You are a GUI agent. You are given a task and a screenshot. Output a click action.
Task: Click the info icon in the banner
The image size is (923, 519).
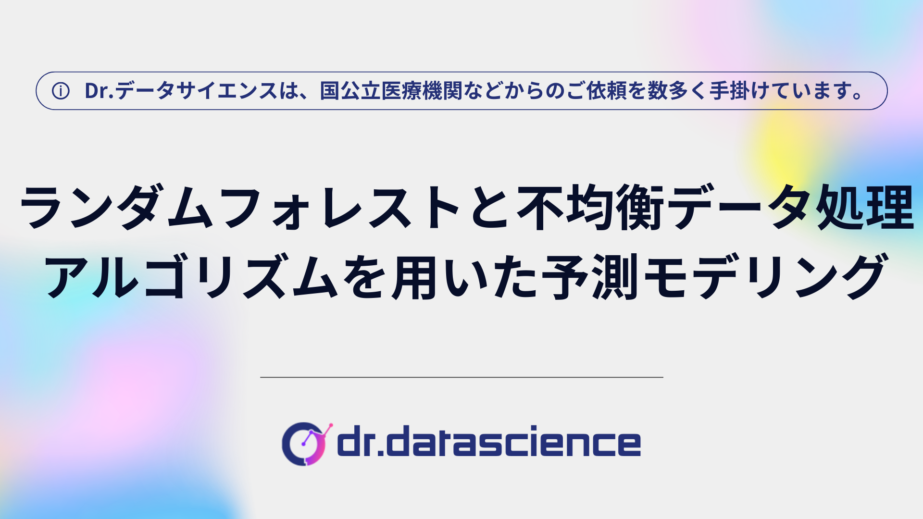(61, 91)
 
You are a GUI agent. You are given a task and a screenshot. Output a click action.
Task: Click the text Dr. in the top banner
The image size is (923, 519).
(99, 91)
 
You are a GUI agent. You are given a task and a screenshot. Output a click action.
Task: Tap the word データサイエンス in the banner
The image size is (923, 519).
(196, 91)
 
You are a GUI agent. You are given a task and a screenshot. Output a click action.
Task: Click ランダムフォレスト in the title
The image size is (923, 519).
(240, 207)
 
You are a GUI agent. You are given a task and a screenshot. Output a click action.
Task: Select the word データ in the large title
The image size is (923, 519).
(740, 207)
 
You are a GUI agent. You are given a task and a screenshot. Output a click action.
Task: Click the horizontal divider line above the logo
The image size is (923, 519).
(461, 377)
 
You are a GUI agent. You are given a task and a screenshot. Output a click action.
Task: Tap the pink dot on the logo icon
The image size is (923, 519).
(330, 426)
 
